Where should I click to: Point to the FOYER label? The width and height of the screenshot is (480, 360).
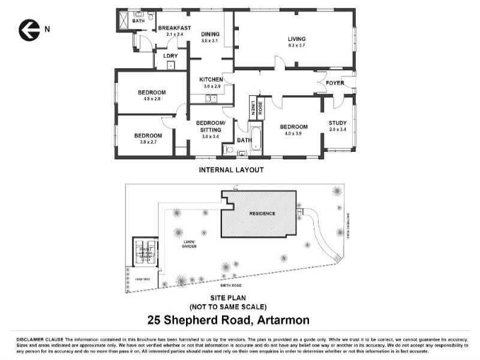point(335,83)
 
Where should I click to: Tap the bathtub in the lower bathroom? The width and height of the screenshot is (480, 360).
point(256,139)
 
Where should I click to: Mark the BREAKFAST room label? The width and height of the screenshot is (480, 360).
point(174,28)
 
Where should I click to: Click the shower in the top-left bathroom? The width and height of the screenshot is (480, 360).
point(123,20)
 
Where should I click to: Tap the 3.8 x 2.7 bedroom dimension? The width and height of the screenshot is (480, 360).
point(148,142)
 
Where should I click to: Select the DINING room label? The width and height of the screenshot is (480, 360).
point(211,35)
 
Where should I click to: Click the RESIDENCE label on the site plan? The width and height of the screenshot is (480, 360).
point(262,214)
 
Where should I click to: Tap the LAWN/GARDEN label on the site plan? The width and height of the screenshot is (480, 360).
point(190,244)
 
